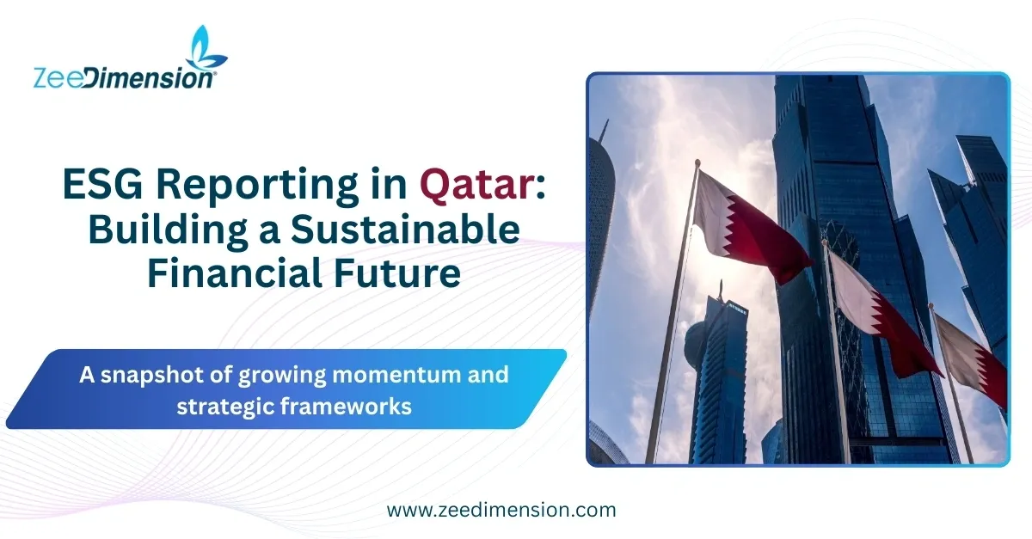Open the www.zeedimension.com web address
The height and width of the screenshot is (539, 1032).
[501, 509]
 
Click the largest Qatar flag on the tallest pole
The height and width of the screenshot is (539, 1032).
[748, 224]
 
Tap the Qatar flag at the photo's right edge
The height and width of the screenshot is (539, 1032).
[972, 357]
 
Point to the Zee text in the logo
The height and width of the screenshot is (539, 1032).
[58, 77]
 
